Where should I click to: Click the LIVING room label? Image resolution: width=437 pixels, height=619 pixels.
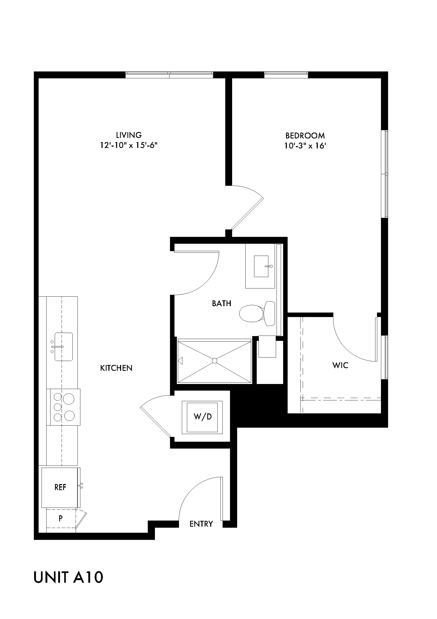point(129,135)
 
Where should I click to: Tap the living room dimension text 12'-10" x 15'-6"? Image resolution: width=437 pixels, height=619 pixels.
point(129,146)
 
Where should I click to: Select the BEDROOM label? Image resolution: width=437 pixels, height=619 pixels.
point(305,135)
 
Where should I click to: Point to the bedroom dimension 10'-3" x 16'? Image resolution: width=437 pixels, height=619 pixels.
point(305,146)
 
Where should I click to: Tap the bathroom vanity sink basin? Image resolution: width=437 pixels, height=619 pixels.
point(261,266)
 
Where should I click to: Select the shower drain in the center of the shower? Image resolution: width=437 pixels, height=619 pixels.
point(214,361)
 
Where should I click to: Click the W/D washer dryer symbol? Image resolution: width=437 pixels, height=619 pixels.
point(203,417)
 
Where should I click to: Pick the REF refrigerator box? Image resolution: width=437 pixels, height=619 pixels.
point(60,487)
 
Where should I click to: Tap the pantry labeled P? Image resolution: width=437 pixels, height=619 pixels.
point(61,518)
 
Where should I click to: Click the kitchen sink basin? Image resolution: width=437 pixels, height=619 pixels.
point(63,347)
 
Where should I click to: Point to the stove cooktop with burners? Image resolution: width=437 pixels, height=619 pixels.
point(63,407)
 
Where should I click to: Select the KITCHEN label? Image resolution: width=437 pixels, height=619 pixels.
point(116,368)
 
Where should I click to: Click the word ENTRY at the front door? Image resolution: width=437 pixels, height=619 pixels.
point(201,524)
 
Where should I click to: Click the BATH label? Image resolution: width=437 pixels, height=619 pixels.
point(221,304)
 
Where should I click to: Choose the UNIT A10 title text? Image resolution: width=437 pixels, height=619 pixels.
point(68,578)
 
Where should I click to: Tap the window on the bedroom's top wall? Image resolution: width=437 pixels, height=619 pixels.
point(286,75)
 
